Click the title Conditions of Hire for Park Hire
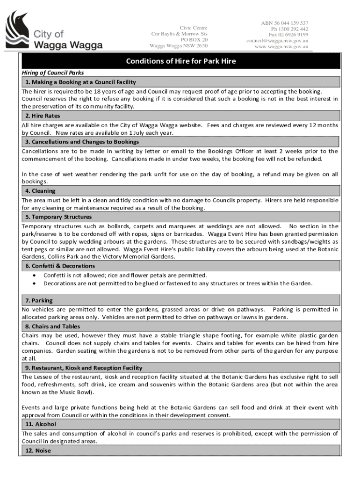tap(181, 61)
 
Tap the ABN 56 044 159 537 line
tap(284, 23)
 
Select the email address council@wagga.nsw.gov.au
tap(277, 40)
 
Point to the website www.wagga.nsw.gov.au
tap(281, 46)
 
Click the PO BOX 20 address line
tap(194, 40)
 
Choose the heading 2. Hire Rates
tap(43, 116)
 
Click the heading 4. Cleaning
tap(40, 191)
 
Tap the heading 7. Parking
tap(39, 300)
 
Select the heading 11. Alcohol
tap(41, 424)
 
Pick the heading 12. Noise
tap(38, 450)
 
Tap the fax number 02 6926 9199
tap(288, 35)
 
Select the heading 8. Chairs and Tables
tap(52, 327)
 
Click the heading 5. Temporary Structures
tap(58, 217)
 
